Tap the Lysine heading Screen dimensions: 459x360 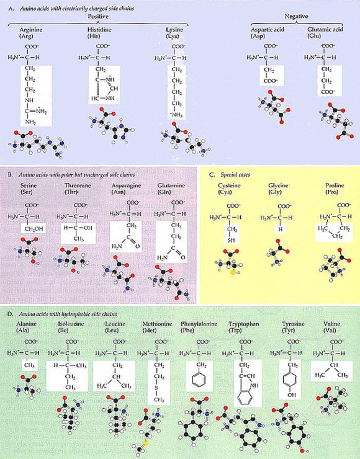click(x=177, y=30)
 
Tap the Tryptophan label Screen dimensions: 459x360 click(x=244, y=324)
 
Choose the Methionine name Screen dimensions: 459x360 click(x=158, y=324)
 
